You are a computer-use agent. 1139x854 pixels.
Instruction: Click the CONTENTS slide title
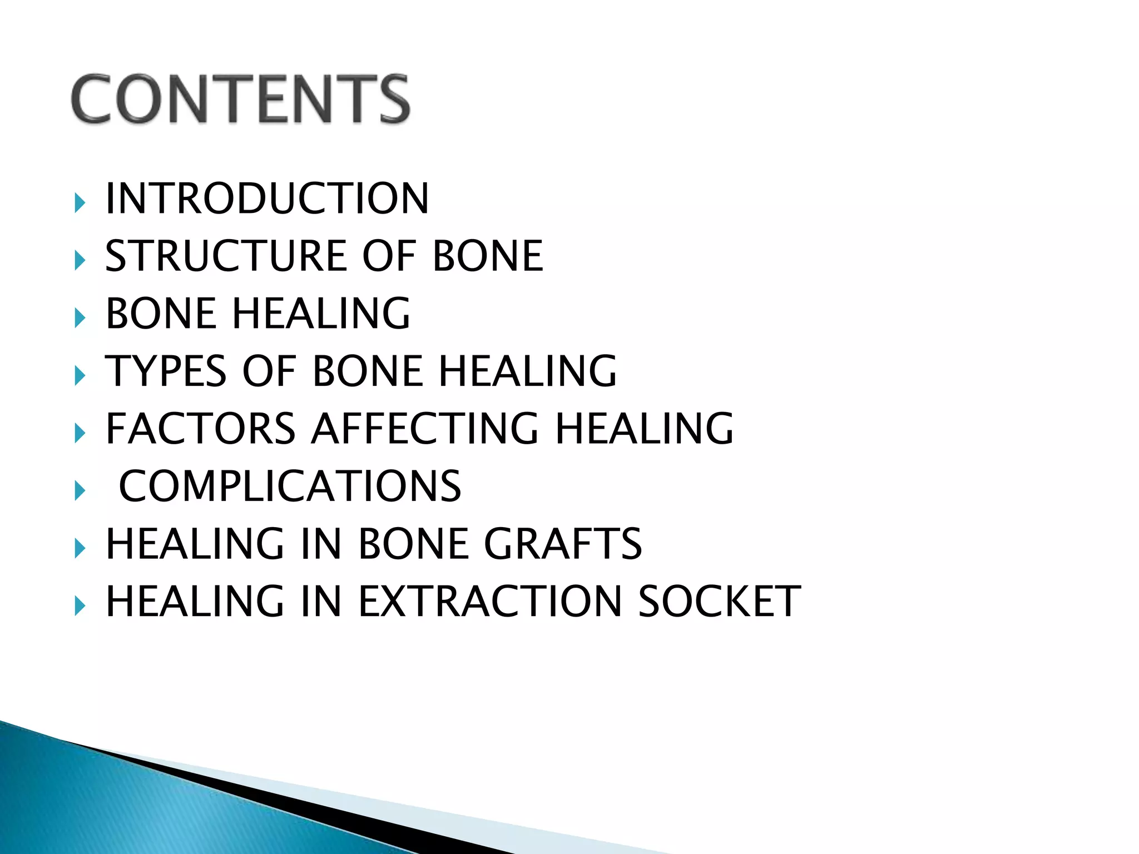click(x=240, y=99)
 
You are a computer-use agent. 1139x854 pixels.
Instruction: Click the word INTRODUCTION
click(x=267, y=198)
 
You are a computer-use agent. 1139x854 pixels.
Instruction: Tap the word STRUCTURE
click(x=226, y=256)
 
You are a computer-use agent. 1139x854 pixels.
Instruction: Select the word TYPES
click(x=166, y=371)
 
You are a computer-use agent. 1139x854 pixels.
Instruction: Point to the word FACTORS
click(x=200, y=429)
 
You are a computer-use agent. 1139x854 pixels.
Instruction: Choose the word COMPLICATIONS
click(x=290, y=486)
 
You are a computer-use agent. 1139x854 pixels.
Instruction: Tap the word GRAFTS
click(x=563, y=544)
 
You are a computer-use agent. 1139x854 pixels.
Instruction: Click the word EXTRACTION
click(x=490, y=602)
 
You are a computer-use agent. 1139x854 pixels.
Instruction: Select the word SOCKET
click(x=719, y=602)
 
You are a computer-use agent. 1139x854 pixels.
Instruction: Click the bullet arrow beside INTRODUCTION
click(x=80, y=203)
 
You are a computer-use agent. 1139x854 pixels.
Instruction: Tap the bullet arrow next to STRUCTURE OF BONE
click(x=80, y=261)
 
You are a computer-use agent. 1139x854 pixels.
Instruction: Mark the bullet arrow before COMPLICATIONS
click(x=80, y=491)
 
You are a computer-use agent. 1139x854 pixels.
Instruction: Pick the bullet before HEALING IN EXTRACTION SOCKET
click(x=80, y=606)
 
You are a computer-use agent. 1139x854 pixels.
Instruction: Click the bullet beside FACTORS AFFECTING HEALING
click(x=80, y=433)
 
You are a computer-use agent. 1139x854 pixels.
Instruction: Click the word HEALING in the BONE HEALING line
click(x=321, y=314)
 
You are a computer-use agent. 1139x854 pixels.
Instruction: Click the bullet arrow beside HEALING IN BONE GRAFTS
click(x=80, y=548)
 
